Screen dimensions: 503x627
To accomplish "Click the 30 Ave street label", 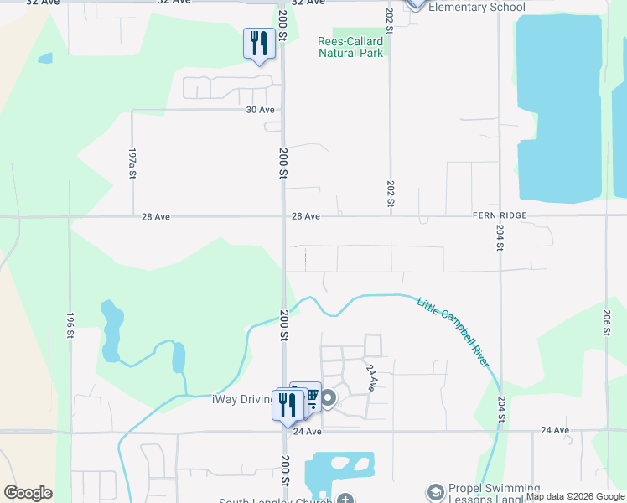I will click(260, 110).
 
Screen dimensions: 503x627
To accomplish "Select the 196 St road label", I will click(70, 325).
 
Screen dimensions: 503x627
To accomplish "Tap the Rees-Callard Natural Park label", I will click(351, 47).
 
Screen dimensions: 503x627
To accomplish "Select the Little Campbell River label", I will click(453, 330).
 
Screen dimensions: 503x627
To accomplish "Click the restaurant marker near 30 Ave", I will click(259, 43).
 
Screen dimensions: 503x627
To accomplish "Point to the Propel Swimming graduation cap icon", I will click(435, 491).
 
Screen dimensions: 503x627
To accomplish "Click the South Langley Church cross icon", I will click(345, 500).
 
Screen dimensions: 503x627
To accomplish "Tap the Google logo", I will click(28, 493).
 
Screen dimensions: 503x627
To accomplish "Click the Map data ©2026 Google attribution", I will click(574, 496).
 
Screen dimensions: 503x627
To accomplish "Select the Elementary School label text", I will click(476, 8).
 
